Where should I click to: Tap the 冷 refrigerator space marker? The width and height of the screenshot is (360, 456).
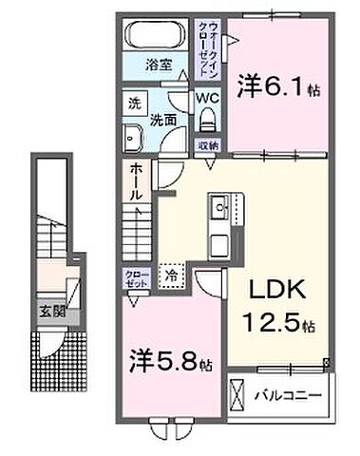click(x=172, y=275)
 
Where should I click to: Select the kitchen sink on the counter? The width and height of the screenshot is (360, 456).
click(x=218, y=205)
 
